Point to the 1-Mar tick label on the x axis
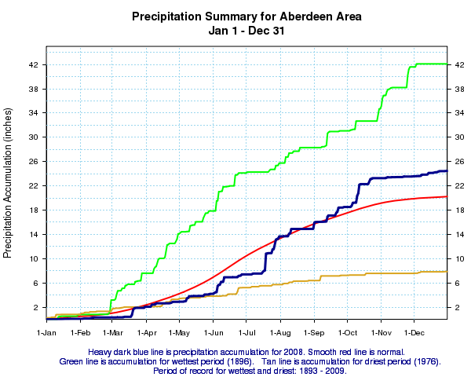tap(113, 333)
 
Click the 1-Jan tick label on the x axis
tap(47, 333)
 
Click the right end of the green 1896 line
tap(447, 64)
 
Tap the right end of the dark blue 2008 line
tap(447, 170)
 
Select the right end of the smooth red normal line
tap(447, 196)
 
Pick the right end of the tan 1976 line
tap(447, 272)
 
